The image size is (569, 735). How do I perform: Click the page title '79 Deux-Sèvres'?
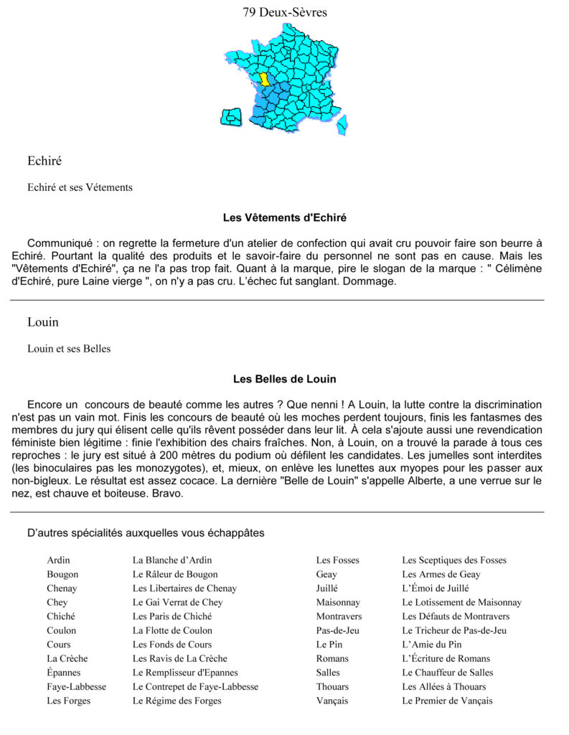point(285,11)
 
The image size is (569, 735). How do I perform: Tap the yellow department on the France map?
point(264,78)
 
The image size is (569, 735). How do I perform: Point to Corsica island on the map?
point(343,126)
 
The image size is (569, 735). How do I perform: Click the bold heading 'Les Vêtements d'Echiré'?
point(284,217)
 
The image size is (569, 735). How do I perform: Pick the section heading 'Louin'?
point(43,322)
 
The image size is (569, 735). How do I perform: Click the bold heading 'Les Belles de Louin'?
point(284,378)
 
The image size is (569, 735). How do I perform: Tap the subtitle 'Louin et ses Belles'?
point(69,349)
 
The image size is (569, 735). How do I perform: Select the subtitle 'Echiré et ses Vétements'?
point(80,187)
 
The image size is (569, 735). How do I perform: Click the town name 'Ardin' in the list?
point(59,560)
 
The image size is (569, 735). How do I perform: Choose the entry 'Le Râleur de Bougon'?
point(175,574)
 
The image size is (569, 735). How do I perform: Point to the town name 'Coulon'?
point(61,630)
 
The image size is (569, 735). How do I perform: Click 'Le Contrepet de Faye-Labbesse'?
point(195,686)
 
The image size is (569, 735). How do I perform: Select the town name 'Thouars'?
point(332,686)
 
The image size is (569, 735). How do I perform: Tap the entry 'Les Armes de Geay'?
point(441,574)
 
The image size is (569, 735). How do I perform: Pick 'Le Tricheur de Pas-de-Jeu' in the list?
point(454,630)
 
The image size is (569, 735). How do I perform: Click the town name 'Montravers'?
point(339,616)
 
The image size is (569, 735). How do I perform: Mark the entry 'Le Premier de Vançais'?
point(447,701)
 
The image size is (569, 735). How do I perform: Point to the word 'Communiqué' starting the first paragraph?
point(59,243)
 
